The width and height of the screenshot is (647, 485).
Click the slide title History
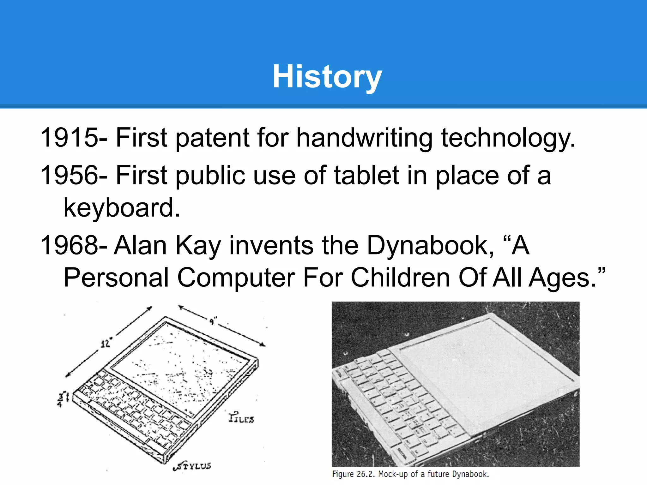pos(327,77)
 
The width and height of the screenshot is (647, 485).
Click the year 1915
pos(69,137)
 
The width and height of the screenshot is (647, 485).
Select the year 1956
pos(69,175)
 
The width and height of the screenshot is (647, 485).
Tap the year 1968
pos(69,245)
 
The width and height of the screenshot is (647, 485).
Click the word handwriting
pos(364,138)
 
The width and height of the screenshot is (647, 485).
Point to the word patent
pos(212,138)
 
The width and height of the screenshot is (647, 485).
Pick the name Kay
pos(198,245)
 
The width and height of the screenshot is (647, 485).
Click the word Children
pos(400,278)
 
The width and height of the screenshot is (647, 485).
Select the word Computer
pos(236,278)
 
